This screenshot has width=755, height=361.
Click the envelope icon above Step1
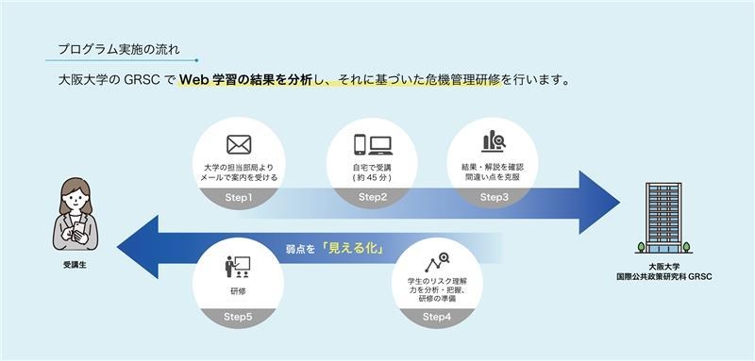239,144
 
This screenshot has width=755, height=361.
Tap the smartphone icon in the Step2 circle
360,144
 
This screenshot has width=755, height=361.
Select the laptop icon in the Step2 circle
380,145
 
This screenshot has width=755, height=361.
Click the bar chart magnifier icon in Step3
494,141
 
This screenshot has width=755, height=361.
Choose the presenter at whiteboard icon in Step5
237,266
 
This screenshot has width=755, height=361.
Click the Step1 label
239,197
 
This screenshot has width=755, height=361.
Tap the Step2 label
373,197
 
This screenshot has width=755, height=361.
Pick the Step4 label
436,317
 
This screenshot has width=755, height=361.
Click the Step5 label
237,317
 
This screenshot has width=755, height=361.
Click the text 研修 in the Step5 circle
237,292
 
